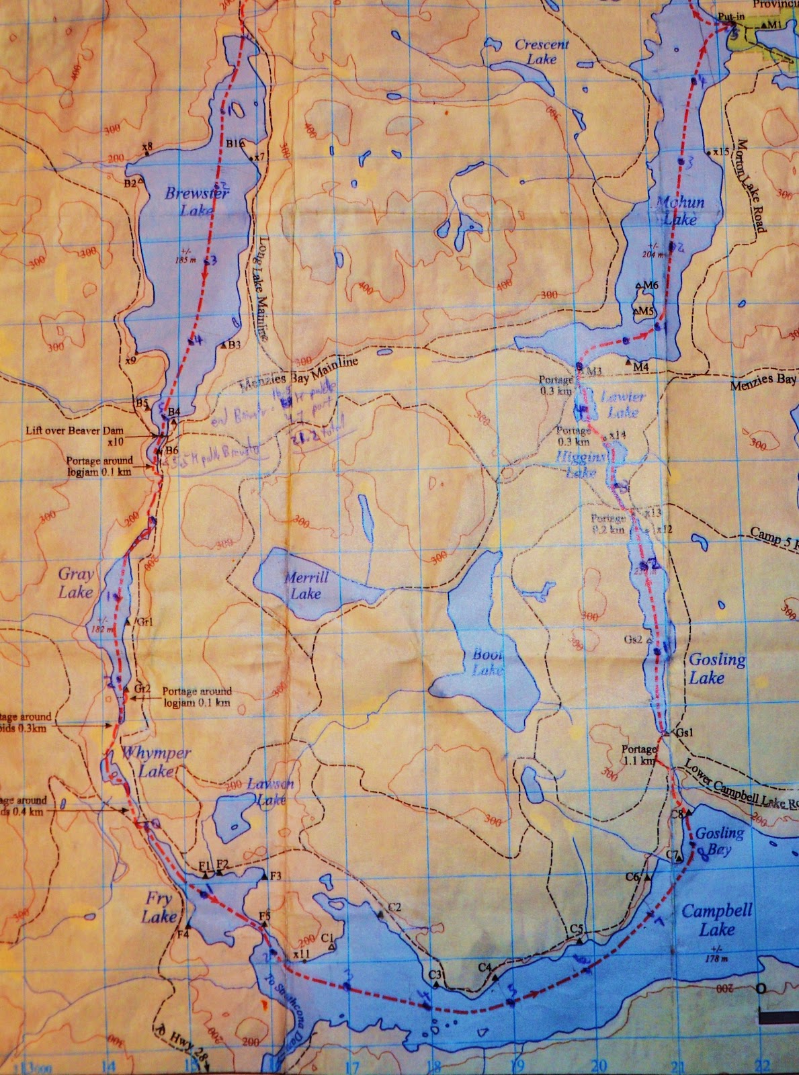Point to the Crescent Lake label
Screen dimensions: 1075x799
tap(542, 52)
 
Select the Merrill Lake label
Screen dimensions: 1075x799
tap(306, 585)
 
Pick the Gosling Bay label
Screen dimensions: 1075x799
tap(719, 841)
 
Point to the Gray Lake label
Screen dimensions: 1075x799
tap(75, 583)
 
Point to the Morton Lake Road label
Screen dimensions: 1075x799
tap(751, 185)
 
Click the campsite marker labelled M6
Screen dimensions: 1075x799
tap(639, 286)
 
